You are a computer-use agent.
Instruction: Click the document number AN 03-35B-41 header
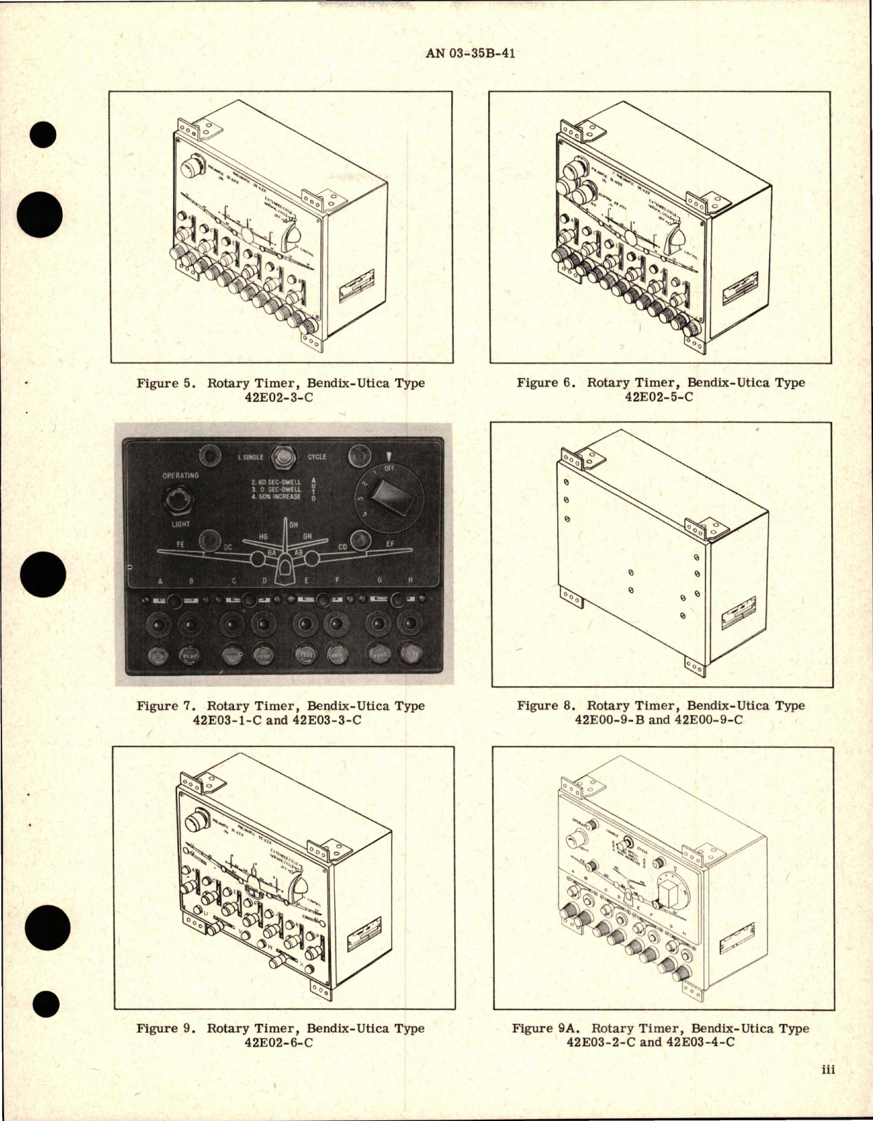tap(470, 53)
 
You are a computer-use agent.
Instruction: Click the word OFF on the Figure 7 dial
tap(390, 468)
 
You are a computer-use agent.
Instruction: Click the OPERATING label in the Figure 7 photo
tap(180, 475)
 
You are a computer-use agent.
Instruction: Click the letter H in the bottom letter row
tap(410, 581)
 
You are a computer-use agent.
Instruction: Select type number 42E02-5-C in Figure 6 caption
tap(660, 396)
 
